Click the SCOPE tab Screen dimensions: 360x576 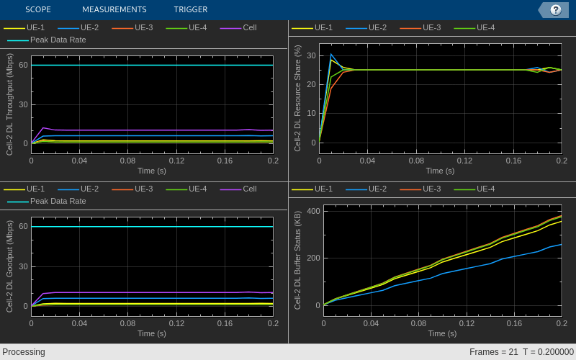pos(37,9)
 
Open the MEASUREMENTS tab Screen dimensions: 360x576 pos(114,9)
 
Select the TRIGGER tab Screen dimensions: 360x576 pos(190,9)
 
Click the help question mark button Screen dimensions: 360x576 pos(555,9)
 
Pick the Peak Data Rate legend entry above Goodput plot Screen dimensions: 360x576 pos(58,201)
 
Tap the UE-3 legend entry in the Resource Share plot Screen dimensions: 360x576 pos(431,27)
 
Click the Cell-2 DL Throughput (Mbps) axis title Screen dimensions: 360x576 pos(9,104)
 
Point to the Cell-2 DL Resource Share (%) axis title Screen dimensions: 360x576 pos(297,98)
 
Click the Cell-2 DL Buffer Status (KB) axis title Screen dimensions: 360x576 pos(297,260)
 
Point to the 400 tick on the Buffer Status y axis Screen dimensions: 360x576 pos(313,211)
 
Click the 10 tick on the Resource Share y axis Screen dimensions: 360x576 pos(312,113)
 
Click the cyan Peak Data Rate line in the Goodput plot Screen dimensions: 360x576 pos(151,227)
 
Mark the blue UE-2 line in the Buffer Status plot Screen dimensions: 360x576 pos(468,269)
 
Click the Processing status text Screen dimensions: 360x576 pos(24,352)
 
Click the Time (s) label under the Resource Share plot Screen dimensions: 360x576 pos(440,171)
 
